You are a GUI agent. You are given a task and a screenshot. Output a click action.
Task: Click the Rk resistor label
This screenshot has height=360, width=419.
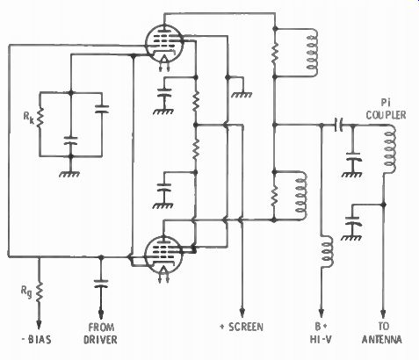pyautogui.click(x=28, y=118)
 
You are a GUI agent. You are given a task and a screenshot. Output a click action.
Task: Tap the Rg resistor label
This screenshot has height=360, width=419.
pyautogui.click(x=26, y=292)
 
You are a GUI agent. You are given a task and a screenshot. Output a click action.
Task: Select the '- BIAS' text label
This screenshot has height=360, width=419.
pyautogui.click(x=37, y=340)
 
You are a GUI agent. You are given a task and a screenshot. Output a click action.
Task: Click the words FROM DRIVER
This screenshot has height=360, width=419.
pyautogui.click(x=100, y=333)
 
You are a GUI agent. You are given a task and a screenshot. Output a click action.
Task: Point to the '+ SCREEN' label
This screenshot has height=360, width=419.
pyautogui.click(x=242, y=327)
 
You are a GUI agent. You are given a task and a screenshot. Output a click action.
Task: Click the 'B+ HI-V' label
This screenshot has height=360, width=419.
pyautogui.click(x=321, y=333)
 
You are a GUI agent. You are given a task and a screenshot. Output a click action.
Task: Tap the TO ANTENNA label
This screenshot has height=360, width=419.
pyautogui.click(x=382, y=333)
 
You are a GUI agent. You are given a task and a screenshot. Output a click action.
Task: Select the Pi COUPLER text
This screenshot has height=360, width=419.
pyautogui.click(x=386, y=109)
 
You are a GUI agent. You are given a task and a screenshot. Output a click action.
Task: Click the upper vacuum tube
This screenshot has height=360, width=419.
pyautogui.click(x=164, y=44)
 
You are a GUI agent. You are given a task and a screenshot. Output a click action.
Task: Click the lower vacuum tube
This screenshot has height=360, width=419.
pyautogui.click(x=163, y=255)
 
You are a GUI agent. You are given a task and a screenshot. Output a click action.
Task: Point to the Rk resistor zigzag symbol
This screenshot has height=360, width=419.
pyautogui.click(x=40, y=117)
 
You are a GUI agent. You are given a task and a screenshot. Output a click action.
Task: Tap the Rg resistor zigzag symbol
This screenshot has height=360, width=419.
pyautogui.click(x=39, y=292)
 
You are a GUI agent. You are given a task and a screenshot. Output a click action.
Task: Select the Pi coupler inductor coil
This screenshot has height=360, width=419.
pyautogui.click(x=391, y=149)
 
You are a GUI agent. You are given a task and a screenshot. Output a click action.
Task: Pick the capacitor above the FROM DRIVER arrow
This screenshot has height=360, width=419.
pyautogui.click(x=101, y=283)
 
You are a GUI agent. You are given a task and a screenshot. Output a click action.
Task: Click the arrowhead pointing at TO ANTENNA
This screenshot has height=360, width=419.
pyautogui.click(x=384, y=314)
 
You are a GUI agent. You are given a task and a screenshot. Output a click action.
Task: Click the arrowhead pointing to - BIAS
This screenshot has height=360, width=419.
pyautogui.click(x=39, y=324)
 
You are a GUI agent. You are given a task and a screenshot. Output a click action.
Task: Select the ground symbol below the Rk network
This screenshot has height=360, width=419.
pyautogui.click(x=69, y=174)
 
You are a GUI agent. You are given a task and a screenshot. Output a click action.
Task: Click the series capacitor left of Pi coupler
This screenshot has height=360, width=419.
pyautogui.click(x=339, y=125)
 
